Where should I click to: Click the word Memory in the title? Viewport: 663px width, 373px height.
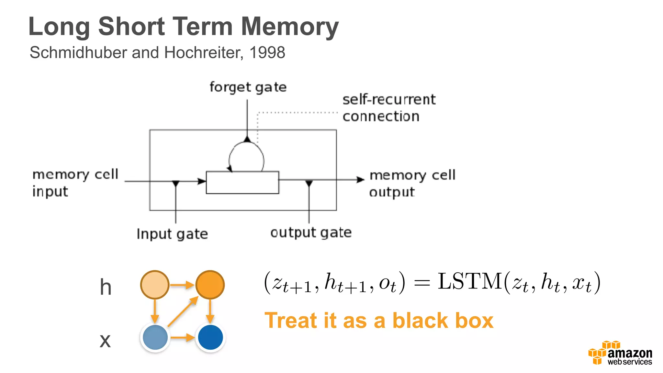pyautogui.click(x=290, y=27)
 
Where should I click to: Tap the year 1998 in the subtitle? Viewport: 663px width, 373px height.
pyautogui.click(x=267, y=52)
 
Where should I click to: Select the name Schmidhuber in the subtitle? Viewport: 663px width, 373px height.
pyautogui.click(x=78, y=52)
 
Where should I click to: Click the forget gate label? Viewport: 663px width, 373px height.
pyautogui.click(x=248, y=87)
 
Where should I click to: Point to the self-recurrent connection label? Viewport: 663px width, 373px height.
pyautogui.click(x=388, y=108)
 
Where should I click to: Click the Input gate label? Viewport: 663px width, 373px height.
pyautogui.click(x=172, y=234)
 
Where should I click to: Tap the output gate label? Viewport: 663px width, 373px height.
pyautogui.click(x=311, y=232)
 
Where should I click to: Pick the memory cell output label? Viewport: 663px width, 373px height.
pyautogui.click(x=412, y=183)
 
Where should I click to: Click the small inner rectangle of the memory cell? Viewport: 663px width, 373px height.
pyautogui.click(x=242, y=183)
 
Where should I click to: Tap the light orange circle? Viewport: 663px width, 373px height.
pyautogui.click(x=155, y=285)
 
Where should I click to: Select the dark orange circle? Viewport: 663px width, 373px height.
pyautogui.click(x=210, y=285)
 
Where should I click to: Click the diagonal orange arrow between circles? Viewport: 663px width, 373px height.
pyautogui.click(x=183, y=311)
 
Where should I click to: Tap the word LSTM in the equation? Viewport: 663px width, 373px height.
pyautogui.click(x=469, y=281)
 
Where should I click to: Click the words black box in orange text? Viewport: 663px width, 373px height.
pyautogui.click(x=443, y=321)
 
